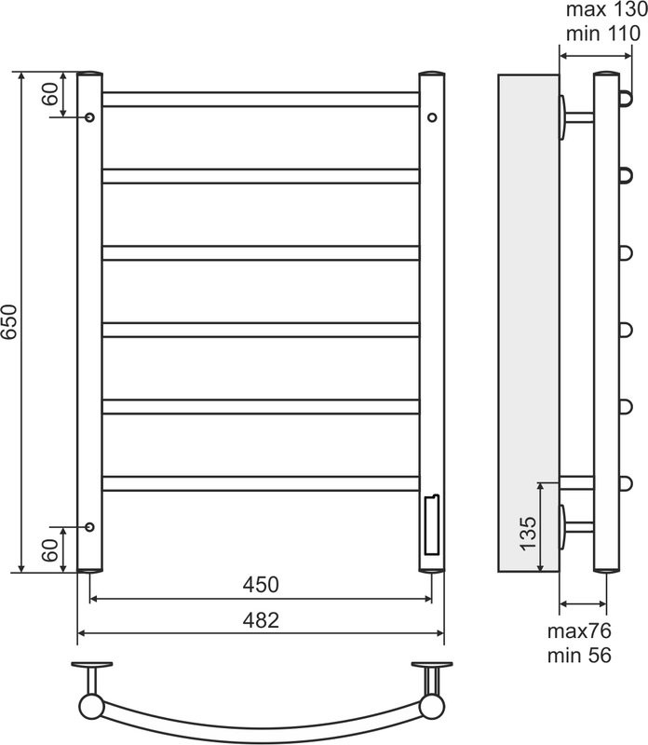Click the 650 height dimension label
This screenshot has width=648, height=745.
pyautogui.click(x=9, y=321)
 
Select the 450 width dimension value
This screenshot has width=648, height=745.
pyautogui.click(x=261, y=585)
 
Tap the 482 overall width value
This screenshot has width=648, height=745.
pyautogui.click(x=261, y=620)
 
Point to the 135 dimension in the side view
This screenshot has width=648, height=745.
pyautogui.click(x=528, y=534)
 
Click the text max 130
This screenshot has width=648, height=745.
pyautogui.click(x=606, y=9)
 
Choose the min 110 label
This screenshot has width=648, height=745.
pyautogui.click(x=603, y=34)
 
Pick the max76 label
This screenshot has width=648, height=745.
pyautogui.click(x=579, y=631)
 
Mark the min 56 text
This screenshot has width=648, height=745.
pyautogui.click(x=579, y=656)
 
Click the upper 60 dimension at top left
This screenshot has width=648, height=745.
pyautogui.click(x=50, y=94)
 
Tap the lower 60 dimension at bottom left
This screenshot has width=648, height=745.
pyautogui.click(x=50, y=550)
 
